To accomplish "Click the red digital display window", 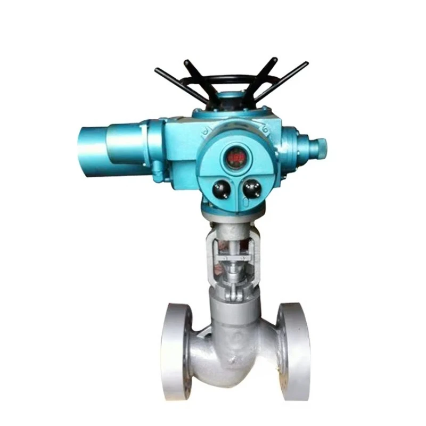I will coord(235,158).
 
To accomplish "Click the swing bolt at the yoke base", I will coord(233,292).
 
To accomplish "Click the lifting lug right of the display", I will coord(265,128).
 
